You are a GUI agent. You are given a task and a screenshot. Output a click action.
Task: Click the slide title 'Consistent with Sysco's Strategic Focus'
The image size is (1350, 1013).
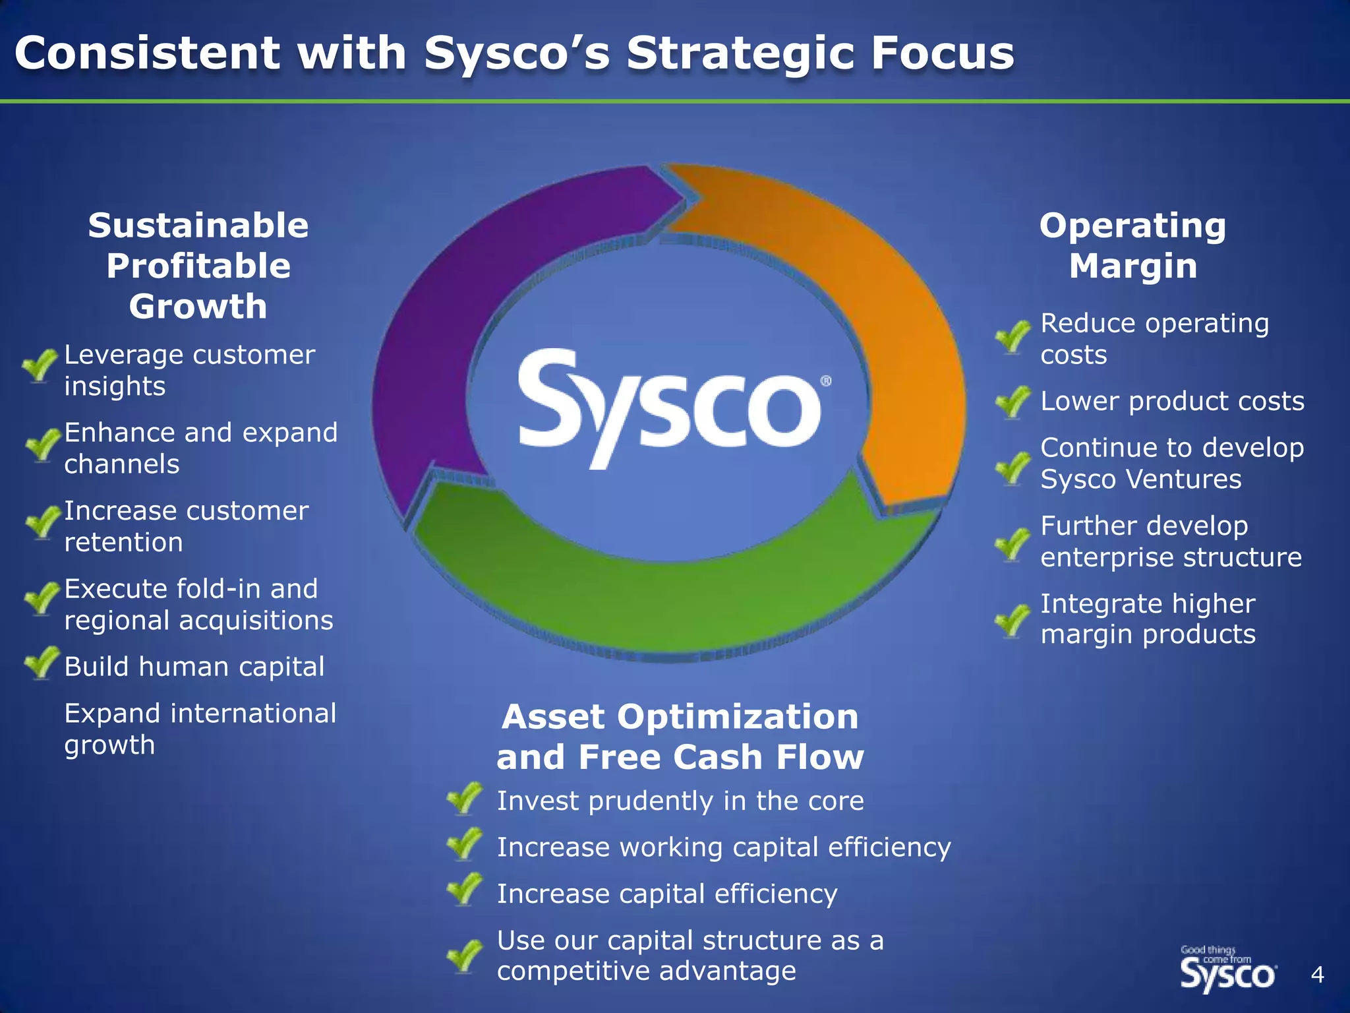(x=514, y=53)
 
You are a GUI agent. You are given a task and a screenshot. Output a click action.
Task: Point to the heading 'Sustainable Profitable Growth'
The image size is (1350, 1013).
(x=198, y=266)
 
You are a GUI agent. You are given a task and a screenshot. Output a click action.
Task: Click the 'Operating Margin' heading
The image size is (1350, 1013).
(x=1132, y=246)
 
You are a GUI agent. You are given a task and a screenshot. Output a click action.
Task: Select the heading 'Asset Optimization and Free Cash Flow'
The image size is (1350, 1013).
(x=680, y=736)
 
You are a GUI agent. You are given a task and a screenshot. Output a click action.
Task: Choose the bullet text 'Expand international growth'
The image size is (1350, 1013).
(x=200, y=729)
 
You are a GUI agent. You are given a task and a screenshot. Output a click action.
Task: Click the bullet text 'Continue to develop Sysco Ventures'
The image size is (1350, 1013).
(x=1171, y=463)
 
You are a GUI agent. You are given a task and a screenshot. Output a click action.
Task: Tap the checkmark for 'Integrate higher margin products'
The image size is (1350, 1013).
(x=1012, y=620)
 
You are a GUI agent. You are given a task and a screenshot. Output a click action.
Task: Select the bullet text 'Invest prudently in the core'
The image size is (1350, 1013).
(x=680, y=801)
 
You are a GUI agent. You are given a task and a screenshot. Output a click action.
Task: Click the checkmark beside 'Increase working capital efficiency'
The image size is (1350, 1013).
(x=464, y=844)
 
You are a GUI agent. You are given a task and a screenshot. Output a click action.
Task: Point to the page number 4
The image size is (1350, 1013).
(x=1317, y=974)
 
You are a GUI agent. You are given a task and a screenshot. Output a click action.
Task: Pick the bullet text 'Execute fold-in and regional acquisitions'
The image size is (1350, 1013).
(x=198, y=604)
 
